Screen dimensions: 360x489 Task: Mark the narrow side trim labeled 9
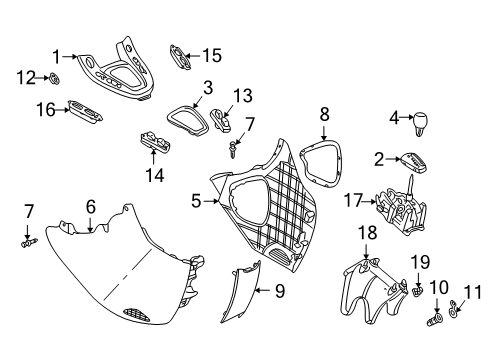[x=240, y=292]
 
